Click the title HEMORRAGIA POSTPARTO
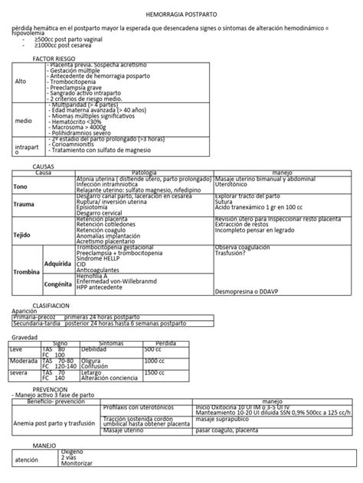(181, 15)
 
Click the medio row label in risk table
(24, 120)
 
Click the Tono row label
(20, 186)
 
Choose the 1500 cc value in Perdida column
(155, 372)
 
